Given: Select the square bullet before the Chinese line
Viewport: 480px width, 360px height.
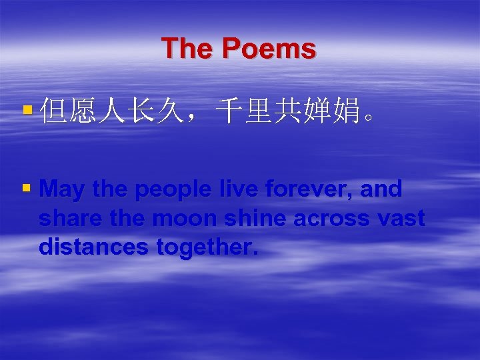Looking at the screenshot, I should click(27, 107).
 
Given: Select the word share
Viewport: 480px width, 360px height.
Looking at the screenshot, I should click(70, 219).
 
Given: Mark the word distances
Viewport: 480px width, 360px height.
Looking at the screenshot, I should click(94, 247).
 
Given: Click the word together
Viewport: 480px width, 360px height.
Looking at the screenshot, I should click(207, 247).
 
